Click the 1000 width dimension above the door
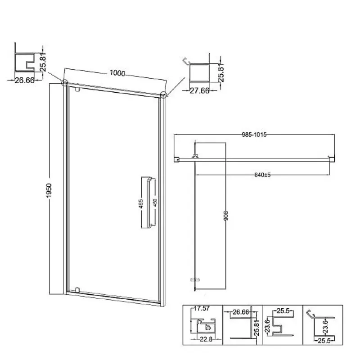tap(117, 73)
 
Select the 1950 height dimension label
tap(49, 190)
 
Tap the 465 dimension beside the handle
tap(141, 204)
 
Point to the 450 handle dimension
tap(155, 202)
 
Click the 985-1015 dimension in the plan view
tap(254, 135)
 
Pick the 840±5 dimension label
tap(262, 175)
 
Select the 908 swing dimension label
tap(226, 216)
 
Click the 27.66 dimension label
tap(199, 91)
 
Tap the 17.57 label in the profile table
tap(202, 309)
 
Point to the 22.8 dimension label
tap(206, 339)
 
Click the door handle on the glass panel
tap(151, 203)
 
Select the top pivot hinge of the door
tap(77, 89)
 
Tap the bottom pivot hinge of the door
tap(77, 290)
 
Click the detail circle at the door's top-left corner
tap(65, 82)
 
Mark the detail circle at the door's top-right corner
tap(163, 94)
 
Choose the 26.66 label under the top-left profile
tap(25, 81)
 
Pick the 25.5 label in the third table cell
tap(283, 311)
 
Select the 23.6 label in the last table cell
tap(325, 327)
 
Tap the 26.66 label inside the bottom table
tap(241, 312)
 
